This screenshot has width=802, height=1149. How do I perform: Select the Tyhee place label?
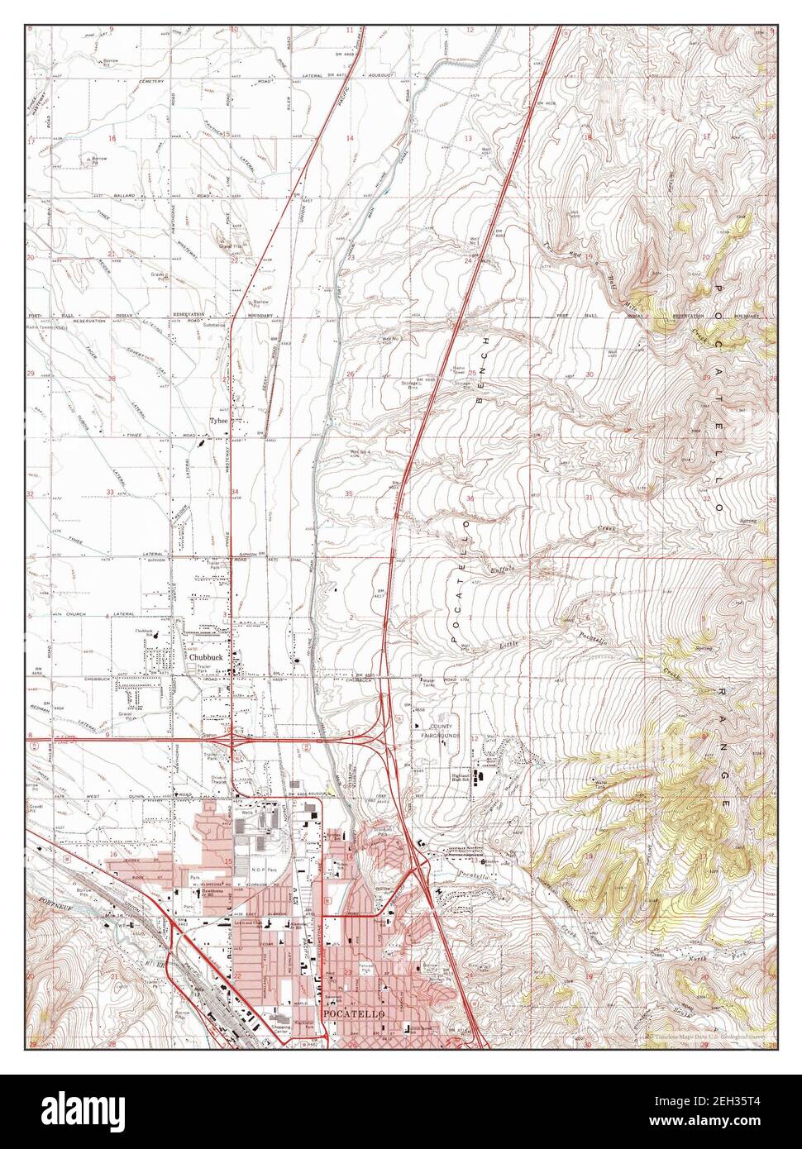218,421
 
